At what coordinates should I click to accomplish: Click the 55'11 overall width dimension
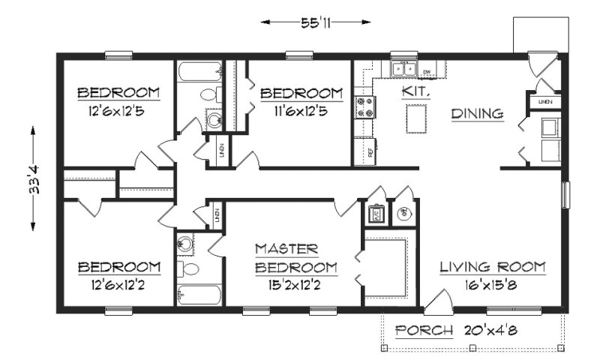tap(316, 22)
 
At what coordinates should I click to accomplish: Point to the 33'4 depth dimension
tap(34, 180)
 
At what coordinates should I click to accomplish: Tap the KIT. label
tap(414, 91)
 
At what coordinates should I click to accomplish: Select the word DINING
tap(476, 114)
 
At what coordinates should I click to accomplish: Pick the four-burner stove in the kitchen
tap(364, 106)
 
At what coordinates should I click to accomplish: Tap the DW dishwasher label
tap(427, 72)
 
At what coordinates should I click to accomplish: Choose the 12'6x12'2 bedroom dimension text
tap(119, 286)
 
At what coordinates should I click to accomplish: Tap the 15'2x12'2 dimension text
tap(295, 285)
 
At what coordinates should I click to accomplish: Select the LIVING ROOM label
tap(492, 267)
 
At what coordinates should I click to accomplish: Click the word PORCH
tap(424, 330)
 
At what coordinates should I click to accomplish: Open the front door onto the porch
tap(436, 304)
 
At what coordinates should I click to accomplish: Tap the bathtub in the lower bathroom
tap(199, 294)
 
